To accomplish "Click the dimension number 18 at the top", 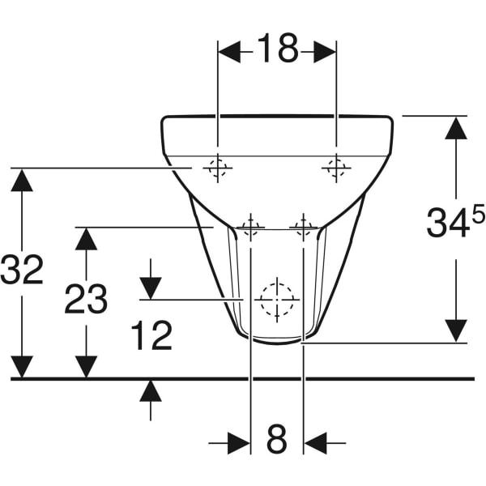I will (277, 50).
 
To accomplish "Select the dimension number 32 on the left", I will (22, 270).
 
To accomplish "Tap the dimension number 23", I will (86, 300).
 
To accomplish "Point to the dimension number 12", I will (151, 335).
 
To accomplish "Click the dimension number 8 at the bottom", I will (277, 441).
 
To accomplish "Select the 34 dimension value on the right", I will (448, 224).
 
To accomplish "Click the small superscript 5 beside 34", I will (478, 214).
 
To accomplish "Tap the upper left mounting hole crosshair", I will (217, 168).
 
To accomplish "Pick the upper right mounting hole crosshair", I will (336, 168).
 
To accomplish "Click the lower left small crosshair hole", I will (250, 227).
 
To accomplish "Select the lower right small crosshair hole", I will (303, 227).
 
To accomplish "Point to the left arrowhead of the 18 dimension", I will (229, 52).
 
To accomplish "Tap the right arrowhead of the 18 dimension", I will (325, 52).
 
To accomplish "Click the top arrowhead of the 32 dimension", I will (22, 180).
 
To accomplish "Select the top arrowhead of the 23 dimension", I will (86, 239).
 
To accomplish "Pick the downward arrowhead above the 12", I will (151, 288).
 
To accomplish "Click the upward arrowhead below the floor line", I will (151, 391).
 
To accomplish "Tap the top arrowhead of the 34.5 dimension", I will (456, 127).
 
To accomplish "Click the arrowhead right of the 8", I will (315, 443).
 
